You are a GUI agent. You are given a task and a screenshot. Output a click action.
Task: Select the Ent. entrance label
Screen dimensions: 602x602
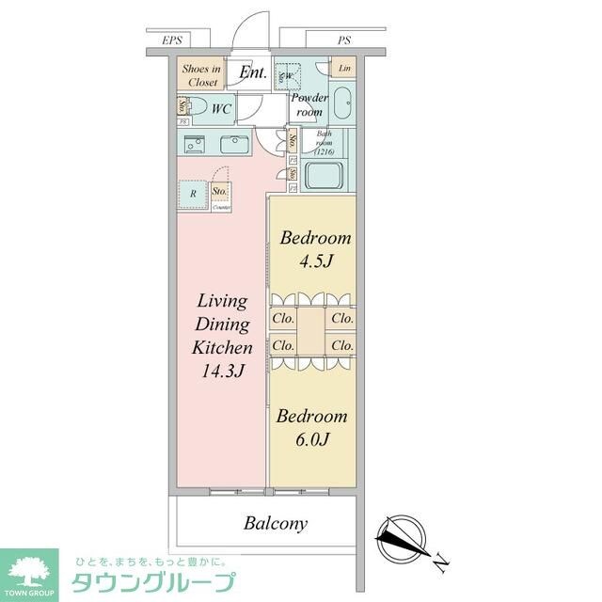(252, 72)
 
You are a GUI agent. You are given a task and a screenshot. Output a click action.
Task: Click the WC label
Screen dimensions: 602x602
(221, 109)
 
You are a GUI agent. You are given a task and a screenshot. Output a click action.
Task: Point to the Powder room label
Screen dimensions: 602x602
(309, 104)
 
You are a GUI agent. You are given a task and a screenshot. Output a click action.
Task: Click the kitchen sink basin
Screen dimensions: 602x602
(231, 145)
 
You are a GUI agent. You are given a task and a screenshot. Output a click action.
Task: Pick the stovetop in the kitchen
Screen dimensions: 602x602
(194, 145)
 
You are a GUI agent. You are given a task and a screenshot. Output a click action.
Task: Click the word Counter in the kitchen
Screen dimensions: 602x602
(222, 206)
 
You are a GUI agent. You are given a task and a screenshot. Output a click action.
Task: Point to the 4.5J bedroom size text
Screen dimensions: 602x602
(315, 261)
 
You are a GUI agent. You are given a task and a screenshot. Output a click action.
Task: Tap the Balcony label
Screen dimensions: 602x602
(277, 523)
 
